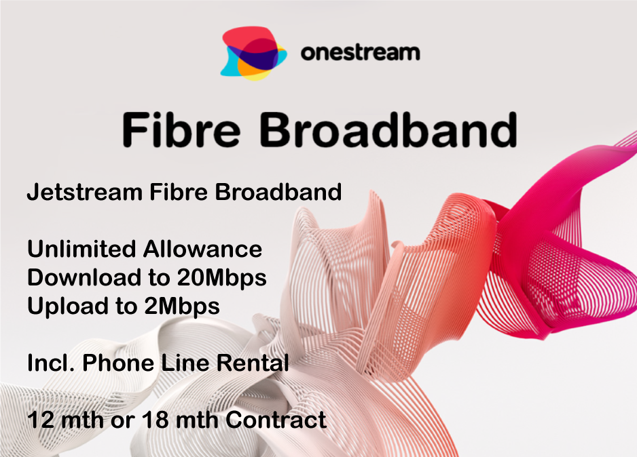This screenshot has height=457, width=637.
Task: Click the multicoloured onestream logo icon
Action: (253, 53)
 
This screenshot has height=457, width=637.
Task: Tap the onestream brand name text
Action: (361, 53)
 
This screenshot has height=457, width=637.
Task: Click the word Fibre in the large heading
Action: (181, 130)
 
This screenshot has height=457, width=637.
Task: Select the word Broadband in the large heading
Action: (388, 130)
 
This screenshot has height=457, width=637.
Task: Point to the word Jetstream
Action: (84, 192)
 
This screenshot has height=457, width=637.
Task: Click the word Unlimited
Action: (81, 249)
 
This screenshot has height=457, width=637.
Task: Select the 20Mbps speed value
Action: (222, 278)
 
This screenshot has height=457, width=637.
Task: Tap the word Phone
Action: (119, 362)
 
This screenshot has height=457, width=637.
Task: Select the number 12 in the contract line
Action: (41, 420)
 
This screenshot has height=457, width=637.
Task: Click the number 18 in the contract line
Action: (156, 420)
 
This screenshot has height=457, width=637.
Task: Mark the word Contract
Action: (276, 420)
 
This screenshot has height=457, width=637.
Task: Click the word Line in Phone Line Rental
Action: (185, 362)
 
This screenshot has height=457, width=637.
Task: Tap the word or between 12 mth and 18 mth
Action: (122, 422)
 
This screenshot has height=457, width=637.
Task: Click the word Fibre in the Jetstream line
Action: (179, 192)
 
